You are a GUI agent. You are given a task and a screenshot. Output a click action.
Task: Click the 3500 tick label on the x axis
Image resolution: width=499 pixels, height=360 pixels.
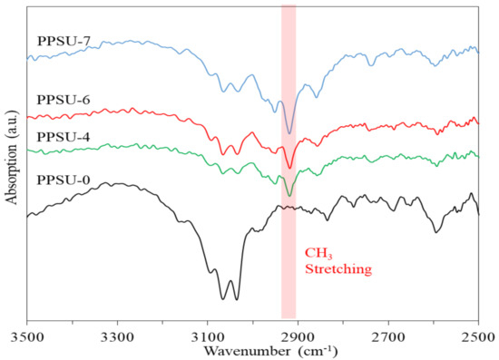pos(27,336)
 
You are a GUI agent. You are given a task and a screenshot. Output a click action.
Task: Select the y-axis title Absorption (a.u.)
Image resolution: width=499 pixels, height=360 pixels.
pos(11,164)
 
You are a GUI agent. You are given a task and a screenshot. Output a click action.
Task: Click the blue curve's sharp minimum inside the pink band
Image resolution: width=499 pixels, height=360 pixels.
pos(289,133)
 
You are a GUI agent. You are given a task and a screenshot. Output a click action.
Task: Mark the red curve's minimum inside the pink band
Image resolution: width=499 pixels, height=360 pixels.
pos(289,168)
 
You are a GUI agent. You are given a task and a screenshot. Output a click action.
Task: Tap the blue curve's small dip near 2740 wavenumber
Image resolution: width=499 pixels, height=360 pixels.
pos(370,64)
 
